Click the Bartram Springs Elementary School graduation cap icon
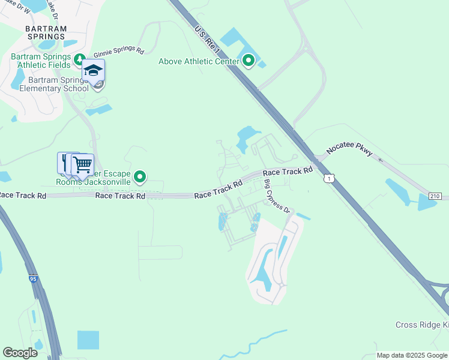pos(93,71)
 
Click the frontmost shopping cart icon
pos(82,164)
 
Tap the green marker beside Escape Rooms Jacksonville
pos(140,176)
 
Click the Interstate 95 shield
pos(33,278)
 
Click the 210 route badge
pos(436,196)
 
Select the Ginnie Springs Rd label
pos(119,52)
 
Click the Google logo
pos(20,353)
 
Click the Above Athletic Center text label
pos(198,61)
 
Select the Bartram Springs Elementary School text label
pos(49,84)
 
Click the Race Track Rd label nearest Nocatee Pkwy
pos(288,172)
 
